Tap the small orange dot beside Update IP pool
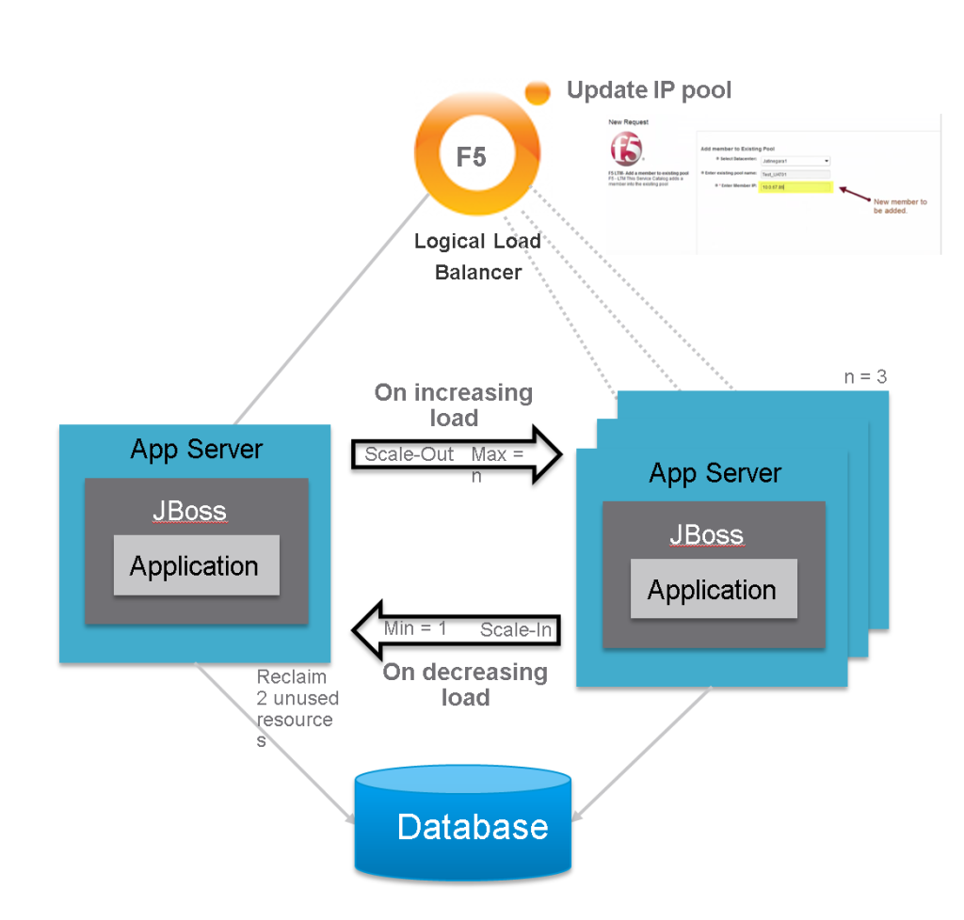pyautogui.click(x=538, y=91)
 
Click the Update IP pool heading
pyautogui.click(x=649, y=90)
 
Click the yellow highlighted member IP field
pyautogui.click(x=796, y=187)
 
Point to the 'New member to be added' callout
pyautogui.click(x=900, y=207)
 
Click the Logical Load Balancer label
pyautogui.click(x=477, y=256)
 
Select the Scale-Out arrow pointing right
pyautogui.click(x=457, y=454)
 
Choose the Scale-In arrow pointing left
pyautogui.click(x=457, y=629)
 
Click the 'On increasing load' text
pyautogui.click(x=454, y=404)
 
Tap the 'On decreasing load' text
pyautogui.click(x=465, y=685)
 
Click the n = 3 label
pyautogui.click(x=865, y=377)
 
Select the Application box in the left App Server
pyautogui.click(x=196, y=565)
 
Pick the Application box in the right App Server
pyautogui.click(x=713, y=590)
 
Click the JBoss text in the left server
pyautogui.click(x=189, y=512)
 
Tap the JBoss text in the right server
pyautogui.click(x=706, y=535)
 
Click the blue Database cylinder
pyautogui.click(x=463, y=823)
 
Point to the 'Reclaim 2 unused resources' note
pyautogui.click(x=295, y=708)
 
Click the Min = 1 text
pyautogui.click(x=415, y=627)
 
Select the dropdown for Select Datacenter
pyautogui.click(x=795, y=162)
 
